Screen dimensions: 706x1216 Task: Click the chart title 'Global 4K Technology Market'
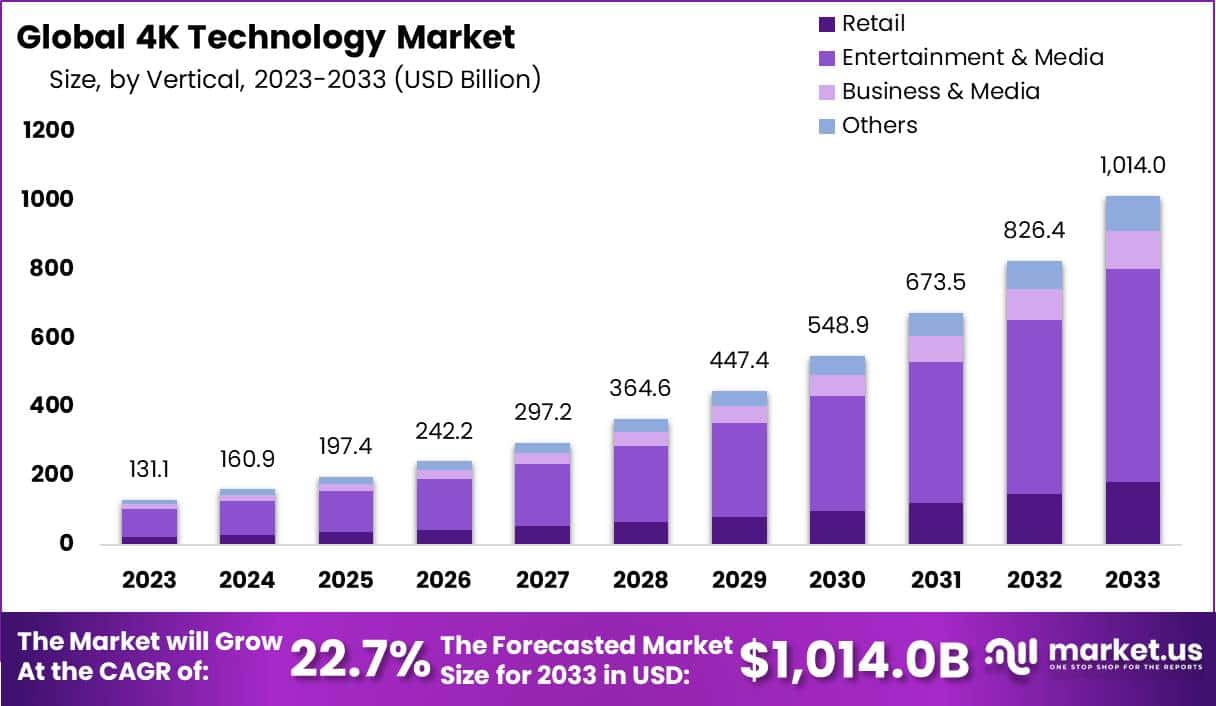[x=266, y=37]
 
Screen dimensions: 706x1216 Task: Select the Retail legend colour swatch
[x=826, y=24]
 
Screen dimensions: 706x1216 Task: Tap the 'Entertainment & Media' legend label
[x=972, y=57]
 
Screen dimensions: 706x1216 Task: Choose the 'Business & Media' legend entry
[x=940, y=91]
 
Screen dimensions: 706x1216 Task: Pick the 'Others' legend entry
[x=879, y=125]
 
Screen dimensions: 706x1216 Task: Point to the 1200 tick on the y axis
[x=45, y=131]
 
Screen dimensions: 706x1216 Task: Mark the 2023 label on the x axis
[x=149, y=580]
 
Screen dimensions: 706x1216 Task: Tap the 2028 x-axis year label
[x=641, y=580]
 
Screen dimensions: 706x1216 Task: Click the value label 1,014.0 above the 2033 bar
[x=1132, y=165]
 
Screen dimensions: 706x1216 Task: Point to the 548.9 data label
[x=837, y=325]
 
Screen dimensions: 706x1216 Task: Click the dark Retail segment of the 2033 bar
[x=1132, y=512]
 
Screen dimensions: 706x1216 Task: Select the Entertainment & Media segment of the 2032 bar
[x=1034, y=406]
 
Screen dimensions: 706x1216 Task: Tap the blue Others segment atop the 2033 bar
[x=1132, y=213]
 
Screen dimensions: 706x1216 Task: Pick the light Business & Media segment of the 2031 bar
[x=936, y=348]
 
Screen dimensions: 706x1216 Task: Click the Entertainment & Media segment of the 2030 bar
[x=837, y=452]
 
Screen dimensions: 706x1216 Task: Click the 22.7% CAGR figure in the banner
[x=360, y=659]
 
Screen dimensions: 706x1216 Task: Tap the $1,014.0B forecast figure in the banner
[x=854, y=659]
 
